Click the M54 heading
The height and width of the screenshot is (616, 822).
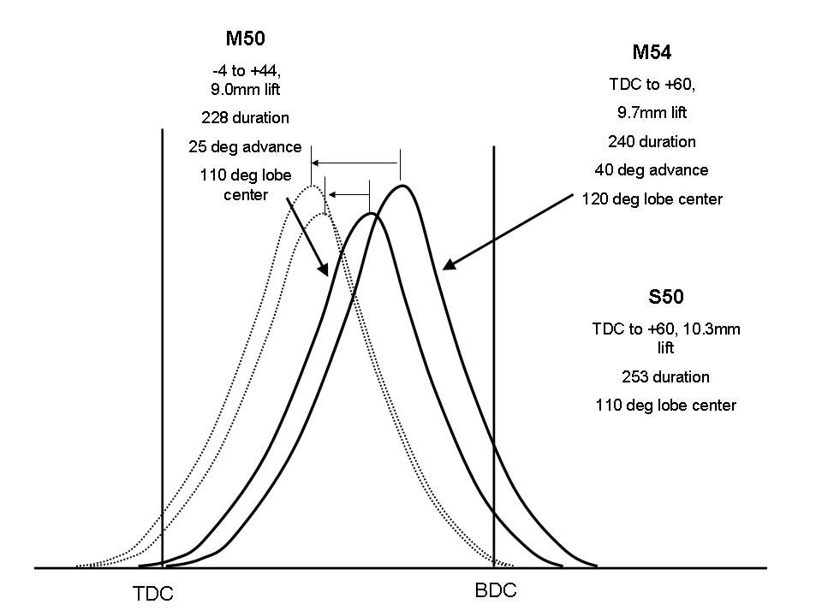click(x=652, y=52)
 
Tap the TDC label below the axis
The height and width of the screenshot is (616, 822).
click(x=153, y=594)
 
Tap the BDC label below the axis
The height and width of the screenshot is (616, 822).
click(x=496, y=590)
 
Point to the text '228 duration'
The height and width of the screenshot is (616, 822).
click(x=245, y=117)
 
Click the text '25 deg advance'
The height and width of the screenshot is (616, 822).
click(x=245, y=146)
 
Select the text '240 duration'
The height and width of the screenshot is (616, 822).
click(x=652, y=141)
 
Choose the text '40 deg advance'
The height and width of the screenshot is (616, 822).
click(x=652, y=169)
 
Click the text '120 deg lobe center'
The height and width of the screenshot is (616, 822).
click(x=652, y=198)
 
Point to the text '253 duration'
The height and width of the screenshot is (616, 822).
click(x=665, y=376)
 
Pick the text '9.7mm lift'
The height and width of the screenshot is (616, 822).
click(x=652, y=112)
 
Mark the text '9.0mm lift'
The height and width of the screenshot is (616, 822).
click(x=245, y=88)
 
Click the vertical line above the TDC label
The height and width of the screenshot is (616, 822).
click(x=162, y=342)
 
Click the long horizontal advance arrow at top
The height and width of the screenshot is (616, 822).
click(x=355, y=163)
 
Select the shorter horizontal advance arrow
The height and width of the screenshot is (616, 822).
click(x=348, y=195)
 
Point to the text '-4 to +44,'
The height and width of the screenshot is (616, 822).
click(x=245, y=72)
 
